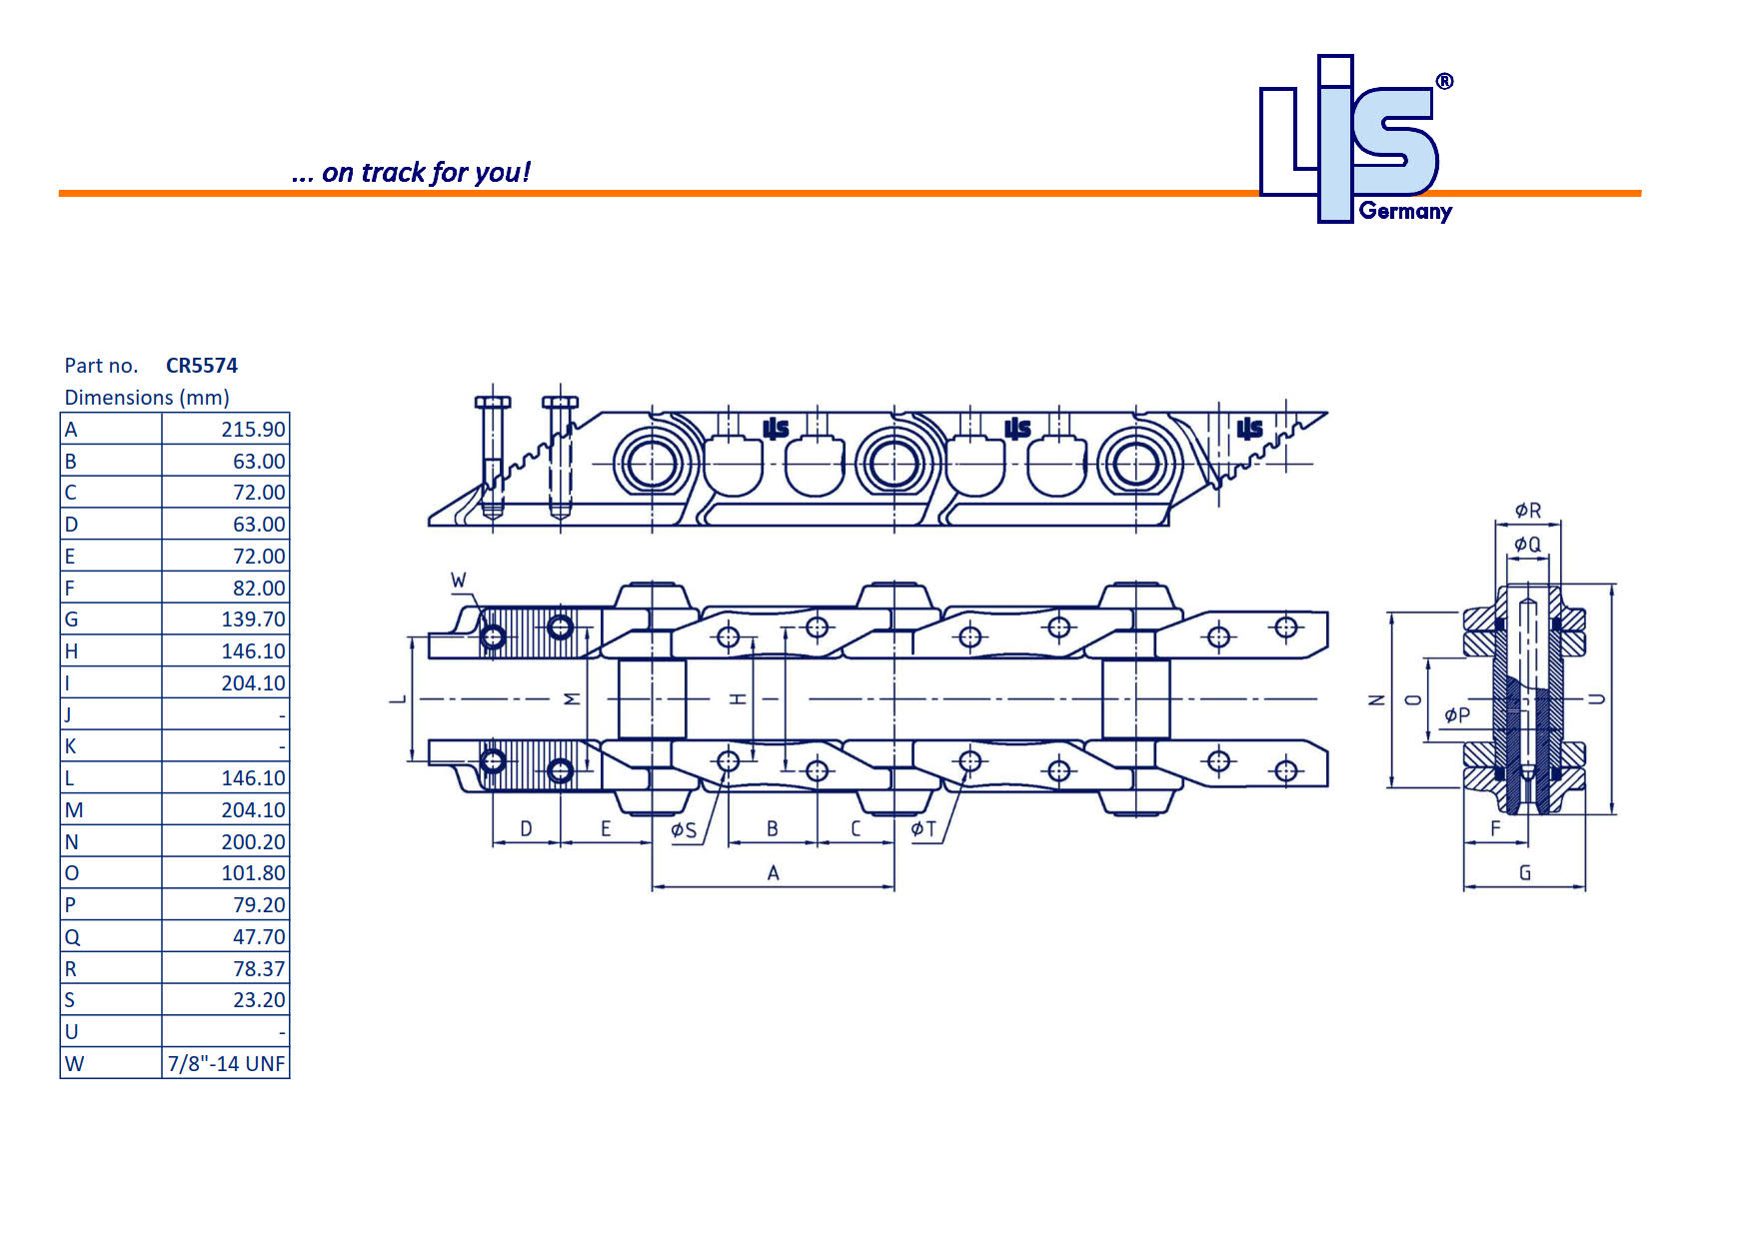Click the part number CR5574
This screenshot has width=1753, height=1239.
coord(201,366)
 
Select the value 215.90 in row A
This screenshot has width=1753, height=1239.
coord(253,430)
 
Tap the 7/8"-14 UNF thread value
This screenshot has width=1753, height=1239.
coord(226,1064)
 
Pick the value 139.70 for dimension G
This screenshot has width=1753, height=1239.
coord(253,619)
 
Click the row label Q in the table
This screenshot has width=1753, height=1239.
coord(72,937)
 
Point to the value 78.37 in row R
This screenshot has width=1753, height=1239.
coord(259,969)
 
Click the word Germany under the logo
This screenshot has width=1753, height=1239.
coord(1405,212)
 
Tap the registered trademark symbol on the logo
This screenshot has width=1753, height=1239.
coord(1444,82)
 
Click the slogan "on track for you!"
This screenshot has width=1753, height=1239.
coord(412,173)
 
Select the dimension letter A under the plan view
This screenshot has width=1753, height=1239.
coord(773,873)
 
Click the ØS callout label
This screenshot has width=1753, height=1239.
coord(684,830)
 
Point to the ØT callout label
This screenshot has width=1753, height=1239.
coord(923,829)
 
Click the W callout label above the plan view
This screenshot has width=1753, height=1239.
coord(459,581)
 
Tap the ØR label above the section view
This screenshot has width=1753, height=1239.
coord(1528,511)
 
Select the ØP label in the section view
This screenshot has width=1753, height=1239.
coord(1457,715)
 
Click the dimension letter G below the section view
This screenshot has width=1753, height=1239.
coord(1525,873)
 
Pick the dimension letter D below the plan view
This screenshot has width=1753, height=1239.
coord(527,829)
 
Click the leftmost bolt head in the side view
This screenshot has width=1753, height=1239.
coord(493,403)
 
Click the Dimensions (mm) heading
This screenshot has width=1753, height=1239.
coord(147,398)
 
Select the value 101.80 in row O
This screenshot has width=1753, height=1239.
coord(253,873)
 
